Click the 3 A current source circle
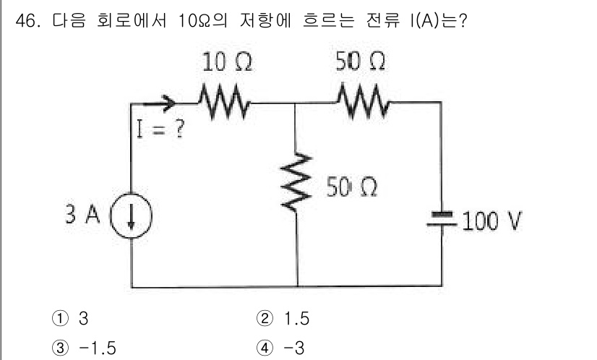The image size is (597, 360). [x=132, y=217]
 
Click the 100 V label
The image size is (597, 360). [x=491, y=220]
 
